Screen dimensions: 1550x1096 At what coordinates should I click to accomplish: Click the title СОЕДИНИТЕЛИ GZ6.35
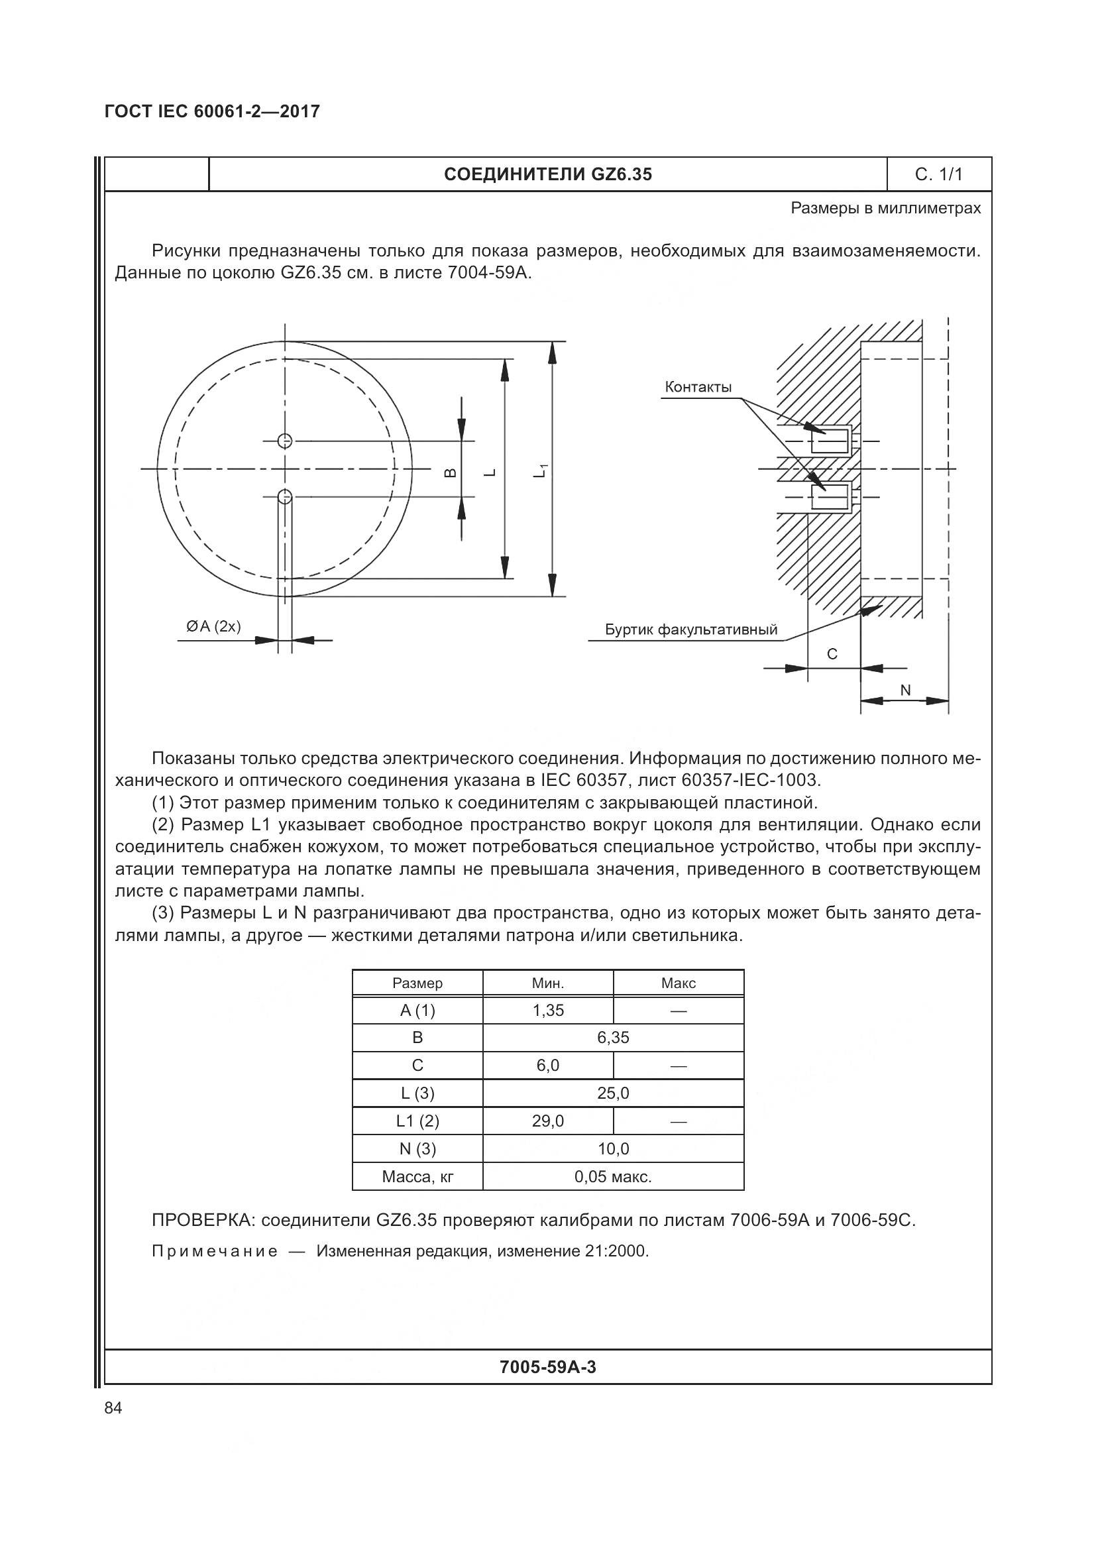[x=547, y=175]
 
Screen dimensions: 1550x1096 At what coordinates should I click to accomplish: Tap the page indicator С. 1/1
[x=938, y=175]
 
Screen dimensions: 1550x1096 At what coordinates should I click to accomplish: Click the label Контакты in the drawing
[x=698, y=387]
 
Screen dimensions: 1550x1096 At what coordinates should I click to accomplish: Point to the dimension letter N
[x=906, y=690]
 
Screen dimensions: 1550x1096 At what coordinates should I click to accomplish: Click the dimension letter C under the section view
[x=832, y=653]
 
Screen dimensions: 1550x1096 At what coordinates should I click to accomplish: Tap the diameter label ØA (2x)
[x=213, y=626]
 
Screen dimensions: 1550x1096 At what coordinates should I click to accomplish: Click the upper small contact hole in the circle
[x=285, y=441]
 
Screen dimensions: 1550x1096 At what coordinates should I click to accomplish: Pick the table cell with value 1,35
[x=547, y=1011]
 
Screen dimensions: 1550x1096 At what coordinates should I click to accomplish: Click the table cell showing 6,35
[x=613, y=1038]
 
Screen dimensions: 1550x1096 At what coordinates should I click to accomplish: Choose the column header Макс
[x=679, y=983]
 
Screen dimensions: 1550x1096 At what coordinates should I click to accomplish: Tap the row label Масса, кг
[x=417, y=1177]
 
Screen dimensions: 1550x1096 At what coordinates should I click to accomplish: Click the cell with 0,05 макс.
[x=613, y=1177]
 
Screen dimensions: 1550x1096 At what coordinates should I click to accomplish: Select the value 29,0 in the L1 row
[x=547, y=1121]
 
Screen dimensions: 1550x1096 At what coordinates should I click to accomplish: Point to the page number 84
[x=113, y=1408]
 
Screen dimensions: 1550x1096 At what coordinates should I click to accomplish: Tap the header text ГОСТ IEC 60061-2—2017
[x=212, y=111]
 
